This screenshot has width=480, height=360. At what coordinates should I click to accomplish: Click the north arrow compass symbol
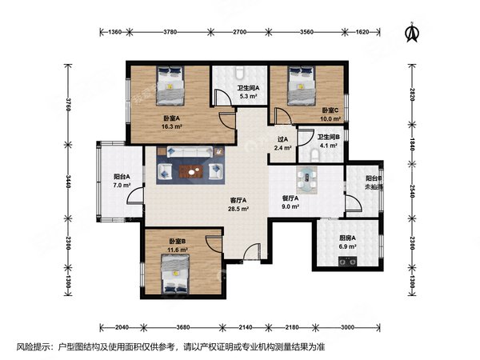coord(412,32)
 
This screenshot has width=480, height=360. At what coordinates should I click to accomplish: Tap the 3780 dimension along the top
coord(170,32)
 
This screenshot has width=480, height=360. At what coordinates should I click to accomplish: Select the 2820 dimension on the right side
coord(412,94)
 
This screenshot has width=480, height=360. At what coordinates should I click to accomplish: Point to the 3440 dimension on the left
coord(68,182)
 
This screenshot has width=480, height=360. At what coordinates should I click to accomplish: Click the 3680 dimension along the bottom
coord(182,327)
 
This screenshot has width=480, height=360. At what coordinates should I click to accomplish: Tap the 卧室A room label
coord(171,118)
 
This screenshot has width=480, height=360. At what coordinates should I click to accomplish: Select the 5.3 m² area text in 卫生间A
coord(248,96)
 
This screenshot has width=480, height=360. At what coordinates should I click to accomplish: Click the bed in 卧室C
coord(302,86)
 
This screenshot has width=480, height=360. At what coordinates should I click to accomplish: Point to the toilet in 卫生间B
coord(314,155)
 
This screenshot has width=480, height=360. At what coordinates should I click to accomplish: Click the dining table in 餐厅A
coord(306,180)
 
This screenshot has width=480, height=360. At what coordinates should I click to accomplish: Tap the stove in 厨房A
coord(347,262)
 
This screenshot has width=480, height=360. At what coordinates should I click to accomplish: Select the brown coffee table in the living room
coord(191,172)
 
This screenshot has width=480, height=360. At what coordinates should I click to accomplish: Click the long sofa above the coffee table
coord(190,151)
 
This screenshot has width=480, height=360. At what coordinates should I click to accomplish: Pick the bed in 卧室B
coord(175,274)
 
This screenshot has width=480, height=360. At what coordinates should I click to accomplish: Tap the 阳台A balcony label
coord(122,177)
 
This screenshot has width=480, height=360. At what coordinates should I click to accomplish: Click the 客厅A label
coord(238,201)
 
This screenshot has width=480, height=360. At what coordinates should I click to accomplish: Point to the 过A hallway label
coord(282,139)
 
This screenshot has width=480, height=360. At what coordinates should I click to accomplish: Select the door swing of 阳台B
coord(354,202)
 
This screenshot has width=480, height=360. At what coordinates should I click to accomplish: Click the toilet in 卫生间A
coord(240,73)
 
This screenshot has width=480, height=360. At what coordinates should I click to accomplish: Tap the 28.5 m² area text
coord(238,209)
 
